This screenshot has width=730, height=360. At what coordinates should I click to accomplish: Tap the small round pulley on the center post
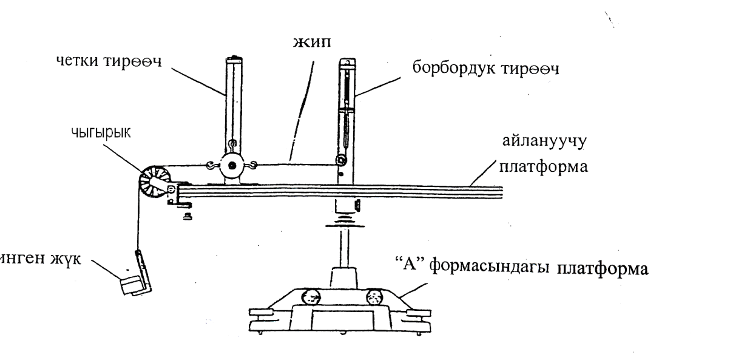point(341,160)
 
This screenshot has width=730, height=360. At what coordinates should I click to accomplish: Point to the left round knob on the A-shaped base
point(311,297)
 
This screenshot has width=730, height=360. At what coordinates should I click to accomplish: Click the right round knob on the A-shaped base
point(374,297)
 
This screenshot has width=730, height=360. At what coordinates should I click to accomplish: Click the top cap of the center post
point(346,62)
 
